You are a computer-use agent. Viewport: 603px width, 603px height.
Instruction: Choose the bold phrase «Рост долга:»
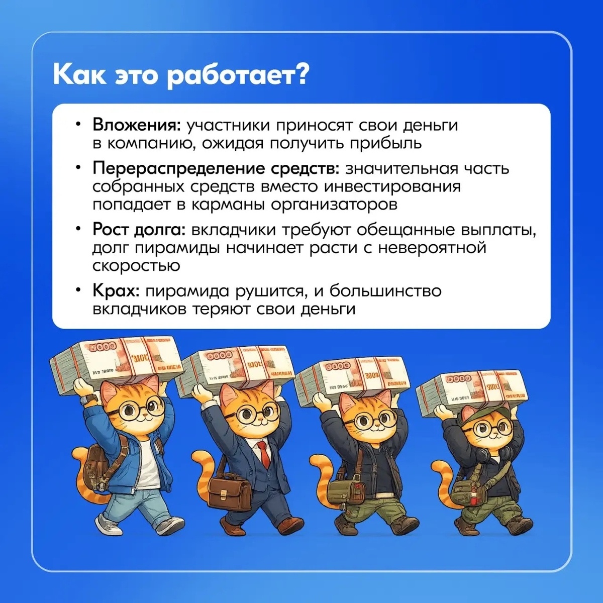click(x=139, y=230)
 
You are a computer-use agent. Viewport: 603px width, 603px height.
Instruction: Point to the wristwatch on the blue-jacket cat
click(x=90, y=398)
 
